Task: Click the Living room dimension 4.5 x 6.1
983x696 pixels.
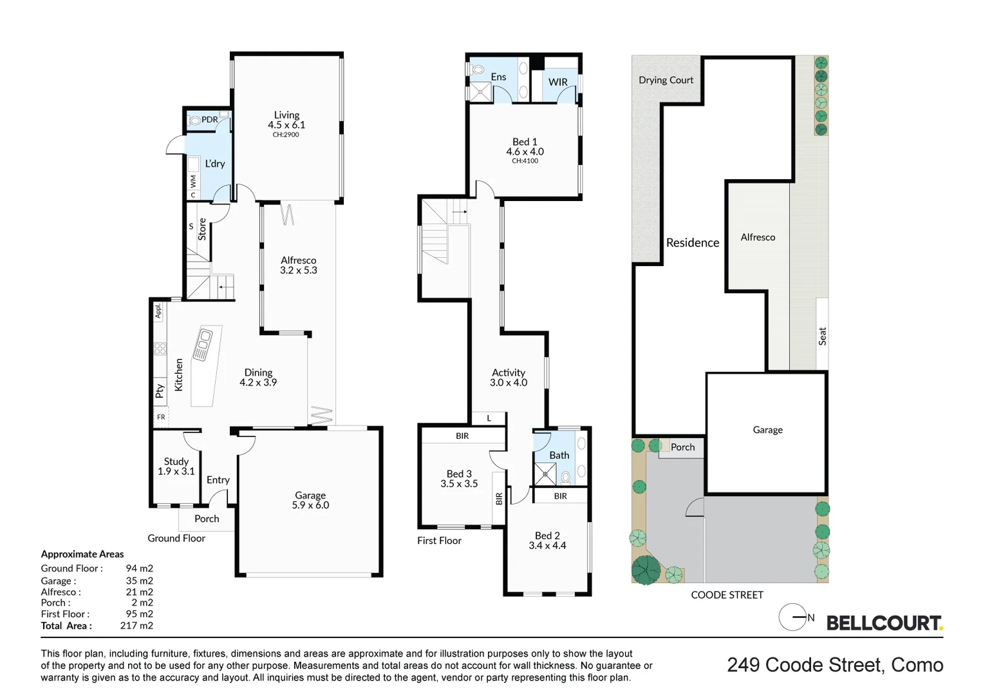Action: click(286, 125)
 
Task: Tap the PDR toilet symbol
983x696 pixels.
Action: click(194, 120)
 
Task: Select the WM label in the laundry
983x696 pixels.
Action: click(192, 181)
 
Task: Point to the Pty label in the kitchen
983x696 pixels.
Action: click(160, 391)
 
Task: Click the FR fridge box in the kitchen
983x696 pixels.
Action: click(161, 417)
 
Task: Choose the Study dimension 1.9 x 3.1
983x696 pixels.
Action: click(176, 472)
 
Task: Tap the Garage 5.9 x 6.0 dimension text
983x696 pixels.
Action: click(310, 505)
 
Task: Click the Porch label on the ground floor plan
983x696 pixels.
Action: click(207, 519)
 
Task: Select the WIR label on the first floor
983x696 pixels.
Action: click(558, 82)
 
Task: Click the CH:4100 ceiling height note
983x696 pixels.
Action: click(525, 161)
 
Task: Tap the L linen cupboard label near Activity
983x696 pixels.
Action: click(489, 418)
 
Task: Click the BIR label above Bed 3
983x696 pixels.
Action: click(462, 436)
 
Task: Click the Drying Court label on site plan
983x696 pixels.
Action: click(666, 80)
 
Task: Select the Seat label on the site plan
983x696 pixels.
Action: click(822, 336)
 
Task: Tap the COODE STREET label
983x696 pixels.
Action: click(727, 595)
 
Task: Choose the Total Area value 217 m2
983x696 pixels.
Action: click(136, 626)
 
